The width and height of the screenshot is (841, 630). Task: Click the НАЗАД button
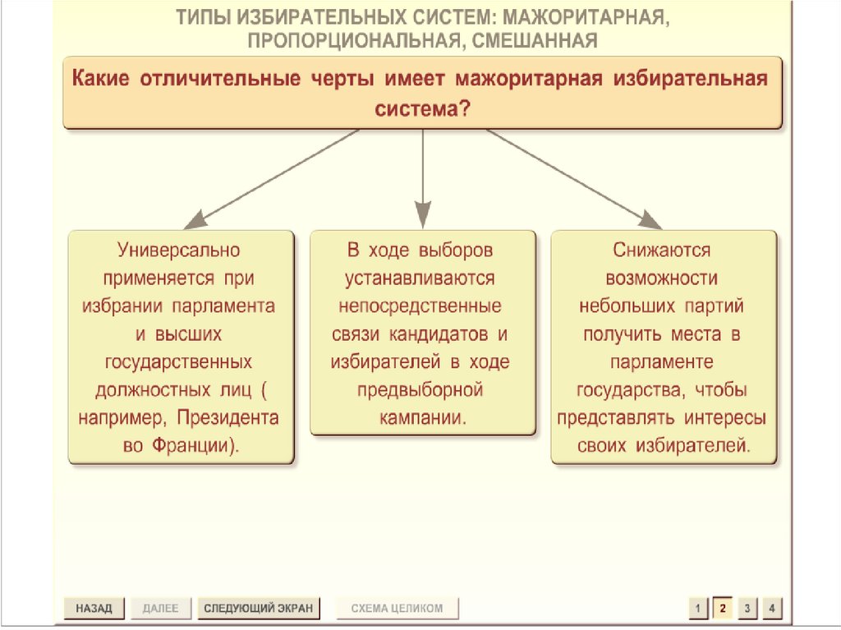point(94,608)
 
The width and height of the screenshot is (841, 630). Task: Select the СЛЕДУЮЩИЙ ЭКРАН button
point(258,608)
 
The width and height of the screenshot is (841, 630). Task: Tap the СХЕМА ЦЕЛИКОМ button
point(397,608)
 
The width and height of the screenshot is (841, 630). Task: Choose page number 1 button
point(697,609)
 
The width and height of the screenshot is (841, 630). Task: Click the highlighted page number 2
point(722,608)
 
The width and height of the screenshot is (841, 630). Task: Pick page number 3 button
point(747,609)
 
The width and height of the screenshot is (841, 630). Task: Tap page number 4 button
point(771,609)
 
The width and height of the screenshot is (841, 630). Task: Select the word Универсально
point(178,249)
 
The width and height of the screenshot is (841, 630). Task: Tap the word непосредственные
point(422,306)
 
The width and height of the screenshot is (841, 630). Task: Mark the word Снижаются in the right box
point(662,249)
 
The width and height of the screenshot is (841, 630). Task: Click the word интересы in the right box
point(724,418)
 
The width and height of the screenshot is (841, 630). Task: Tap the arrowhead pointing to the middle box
point(422,217)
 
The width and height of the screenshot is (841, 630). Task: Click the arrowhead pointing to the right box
point(651,219)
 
